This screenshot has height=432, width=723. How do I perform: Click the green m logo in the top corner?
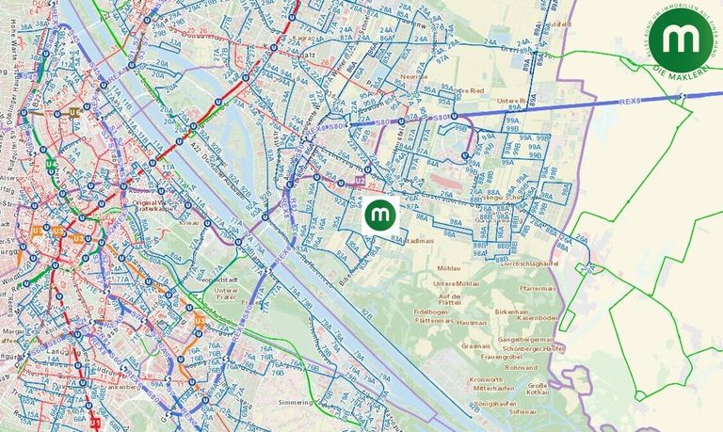[x=686, y=40]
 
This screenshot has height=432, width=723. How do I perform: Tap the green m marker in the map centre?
[x=379, y=216]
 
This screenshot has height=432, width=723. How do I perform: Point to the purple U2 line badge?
[x=360, y=180]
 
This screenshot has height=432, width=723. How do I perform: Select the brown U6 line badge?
[x=74, y=111]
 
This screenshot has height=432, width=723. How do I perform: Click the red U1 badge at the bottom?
[x=94, y=424]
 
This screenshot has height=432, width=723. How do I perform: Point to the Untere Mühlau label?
[x=456, y=282]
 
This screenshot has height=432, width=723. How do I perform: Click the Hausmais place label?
[x=471, y=322]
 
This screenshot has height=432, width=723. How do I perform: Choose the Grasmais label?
[x=475, y=345]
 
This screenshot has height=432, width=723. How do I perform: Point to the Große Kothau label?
[x=539, y=390]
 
